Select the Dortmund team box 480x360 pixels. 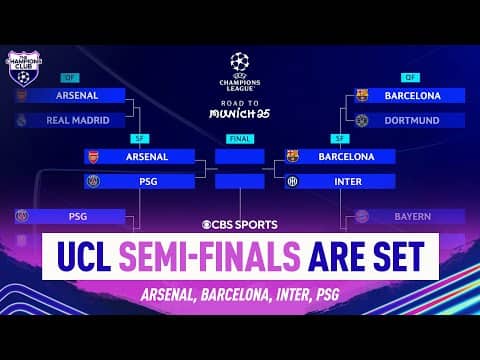coord(409,120)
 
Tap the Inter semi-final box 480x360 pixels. coord(340,181)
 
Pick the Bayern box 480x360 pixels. coord(409,216)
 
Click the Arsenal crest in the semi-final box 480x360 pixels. coord(93,156)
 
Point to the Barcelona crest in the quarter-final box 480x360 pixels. coord(362,96)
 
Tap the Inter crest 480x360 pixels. coord(292,181)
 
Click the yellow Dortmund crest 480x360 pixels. coord(362,120)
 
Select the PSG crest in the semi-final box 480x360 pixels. coord(93,181)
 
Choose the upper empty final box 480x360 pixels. coord(239,156)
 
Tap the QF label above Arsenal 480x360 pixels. coord(69,77)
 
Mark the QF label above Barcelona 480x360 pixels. coord(410,77)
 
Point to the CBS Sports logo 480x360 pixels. coord(240,224)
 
